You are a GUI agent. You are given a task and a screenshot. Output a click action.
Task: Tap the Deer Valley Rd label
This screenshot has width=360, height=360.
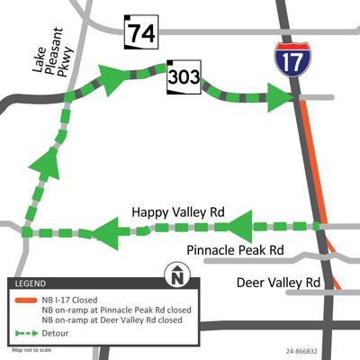tap(278, 283)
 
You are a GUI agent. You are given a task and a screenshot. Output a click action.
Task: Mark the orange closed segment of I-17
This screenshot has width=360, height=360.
tap(311, 162)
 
